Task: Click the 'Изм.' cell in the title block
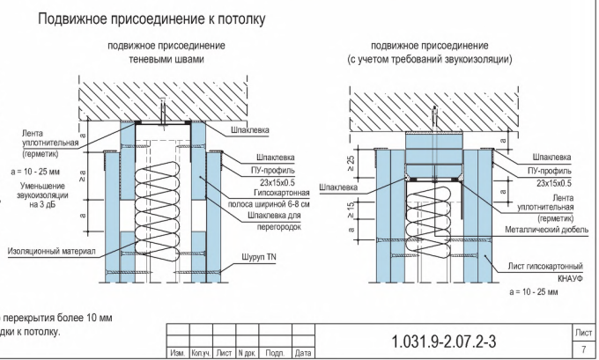[175, 353]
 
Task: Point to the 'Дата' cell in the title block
[303, 353]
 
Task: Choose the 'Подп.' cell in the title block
[274, 353]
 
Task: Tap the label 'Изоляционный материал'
[50, 250]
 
